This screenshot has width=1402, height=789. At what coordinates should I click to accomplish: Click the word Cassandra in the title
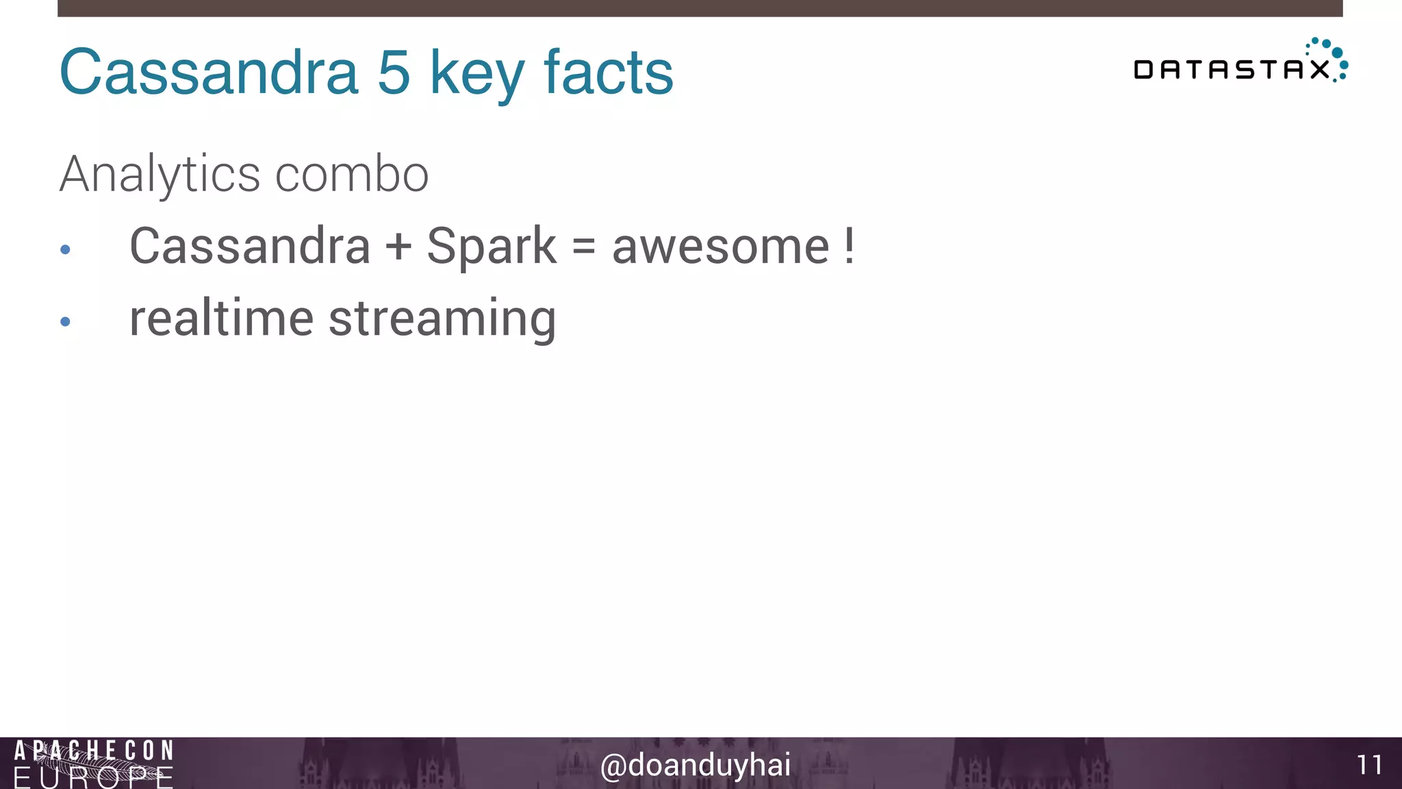pyautogui.click(x=209, y=72)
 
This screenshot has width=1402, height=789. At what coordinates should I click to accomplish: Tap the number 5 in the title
pyautogui.click(x=394, y=72)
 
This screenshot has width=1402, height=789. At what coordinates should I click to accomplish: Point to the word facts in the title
pyautogui.click(x=609, y=72)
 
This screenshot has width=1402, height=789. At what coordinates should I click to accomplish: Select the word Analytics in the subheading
pyautogui.click(x=160, y=175)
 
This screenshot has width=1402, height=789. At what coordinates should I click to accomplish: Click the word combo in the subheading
pyautogui.click(x=352, y=175)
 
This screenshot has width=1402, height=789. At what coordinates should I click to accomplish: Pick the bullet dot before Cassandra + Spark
pyautogui.click(x=65, y=250)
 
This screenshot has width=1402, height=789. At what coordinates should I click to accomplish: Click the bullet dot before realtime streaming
pyautogui.click(x=65, y=321)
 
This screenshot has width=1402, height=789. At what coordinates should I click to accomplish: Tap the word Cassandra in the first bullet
pyautogui.click(x=250, y=246)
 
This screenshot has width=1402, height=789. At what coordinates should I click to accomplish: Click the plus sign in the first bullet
pyautogui.click(x=398, y=247)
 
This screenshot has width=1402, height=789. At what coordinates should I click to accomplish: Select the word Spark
pyautogui.click(x=492, y=247)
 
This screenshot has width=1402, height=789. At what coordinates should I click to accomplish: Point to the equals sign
pyautogui.click(x=584, y=247)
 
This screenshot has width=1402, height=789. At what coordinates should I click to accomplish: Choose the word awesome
pyautogui.click(x=721, y=247)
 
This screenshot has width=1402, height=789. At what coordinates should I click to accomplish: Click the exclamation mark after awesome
pyautogui.click(x=850, y=246)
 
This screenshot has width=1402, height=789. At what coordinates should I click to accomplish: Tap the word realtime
pyautogui.click(x=221, y=318)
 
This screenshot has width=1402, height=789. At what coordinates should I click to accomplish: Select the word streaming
pyautogui.click(x=442, y=320)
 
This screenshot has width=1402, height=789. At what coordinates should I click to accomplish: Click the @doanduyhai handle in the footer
pyautogui.click(x=695, y=765)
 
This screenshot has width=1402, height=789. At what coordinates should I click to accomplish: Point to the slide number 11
pyautogui.click(x=1369, y=765)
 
